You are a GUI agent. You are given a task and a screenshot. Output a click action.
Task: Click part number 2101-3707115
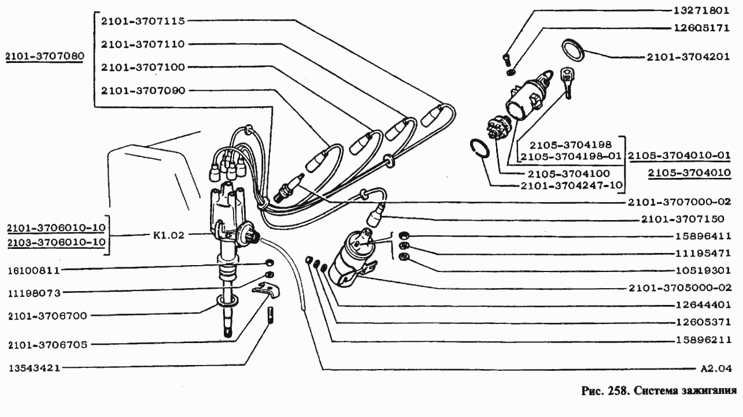click(x=142, y=21)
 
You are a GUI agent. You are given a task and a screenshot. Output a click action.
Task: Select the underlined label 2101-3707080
click(x=45, y=57)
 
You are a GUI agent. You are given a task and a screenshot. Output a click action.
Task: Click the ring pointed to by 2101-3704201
click(x=573, y=50)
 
